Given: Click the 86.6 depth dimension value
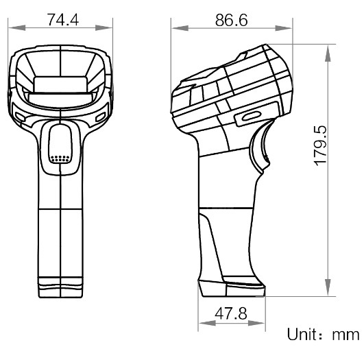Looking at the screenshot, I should (x=231, y=19).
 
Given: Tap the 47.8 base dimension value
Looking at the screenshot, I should (x=231, y=314).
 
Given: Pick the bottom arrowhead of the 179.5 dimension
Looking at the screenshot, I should (x=330, y=293).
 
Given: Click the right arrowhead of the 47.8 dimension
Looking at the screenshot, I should (x=263, y=324).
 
